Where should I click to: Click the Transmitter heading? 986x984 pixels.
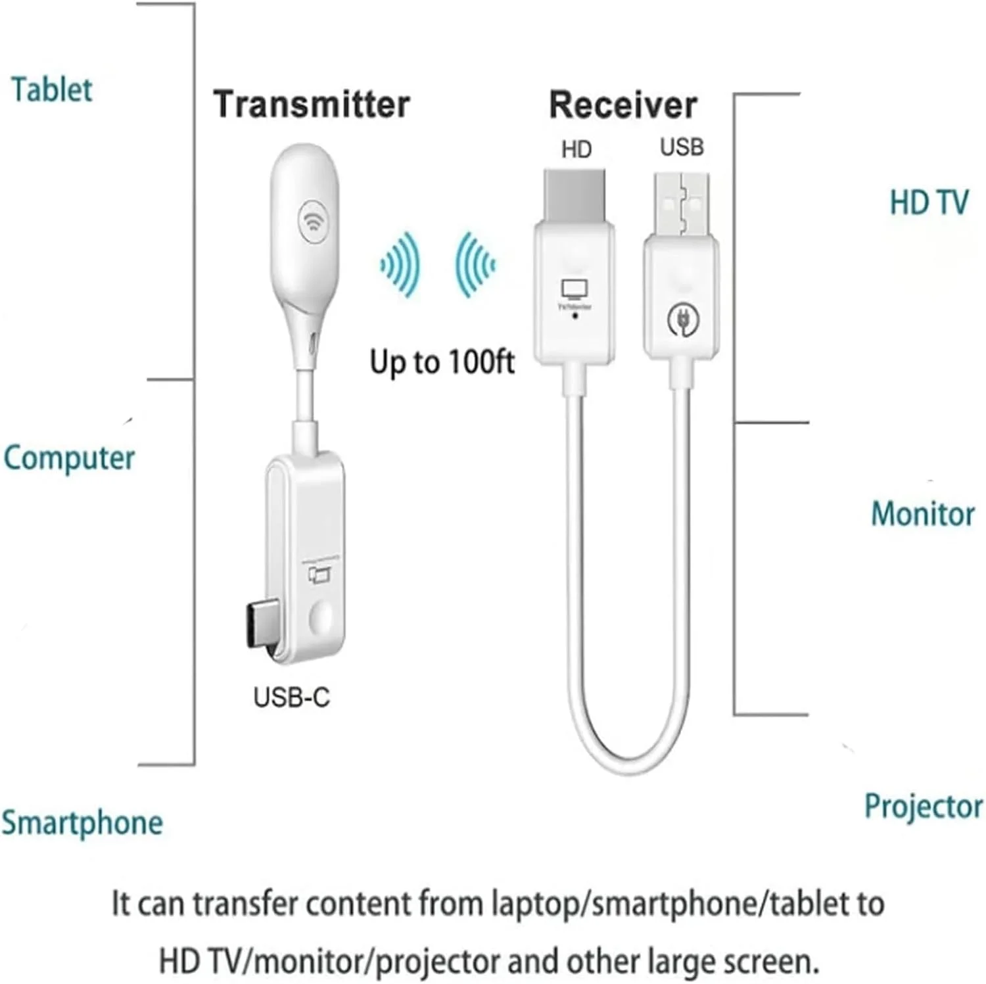(x=311, y=105)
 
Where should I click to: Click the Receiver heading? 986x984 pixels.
(x=622, y=105)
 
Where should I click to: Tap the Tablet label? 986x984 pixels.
(x=52, y=90)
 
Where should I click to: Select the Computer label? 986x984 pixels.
(x=69, y=458)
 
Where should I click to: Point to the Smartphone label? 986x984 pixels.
(x=82, y=823)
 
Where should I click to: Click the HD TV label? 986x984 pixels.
(x=928, y=202)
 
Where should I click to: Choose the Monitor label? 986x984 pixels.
(x=922, y=514)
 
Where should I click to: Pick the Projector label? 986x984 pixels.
(x=923, y=807)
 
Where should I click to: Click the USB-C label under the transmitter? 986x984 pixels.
(x=291, y=697)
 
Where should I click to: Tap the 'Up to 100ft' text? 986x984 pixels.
(x=442, y=362)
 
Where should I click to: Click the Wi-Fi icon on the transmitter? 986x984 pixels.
(x=314, y=221)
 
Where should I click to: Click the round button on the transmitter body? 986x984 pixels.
(x=321, y=618)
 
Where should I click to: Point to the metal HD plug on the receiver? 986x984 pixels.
(x=575, y=195)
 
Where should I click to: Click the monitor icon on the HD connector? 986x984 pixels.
(x=575, y=289)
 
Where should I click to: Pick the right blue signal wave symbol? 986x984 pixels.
(x=474, y=264)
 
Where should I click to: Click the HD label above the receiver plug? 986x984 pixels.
(x=576, y=149)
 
